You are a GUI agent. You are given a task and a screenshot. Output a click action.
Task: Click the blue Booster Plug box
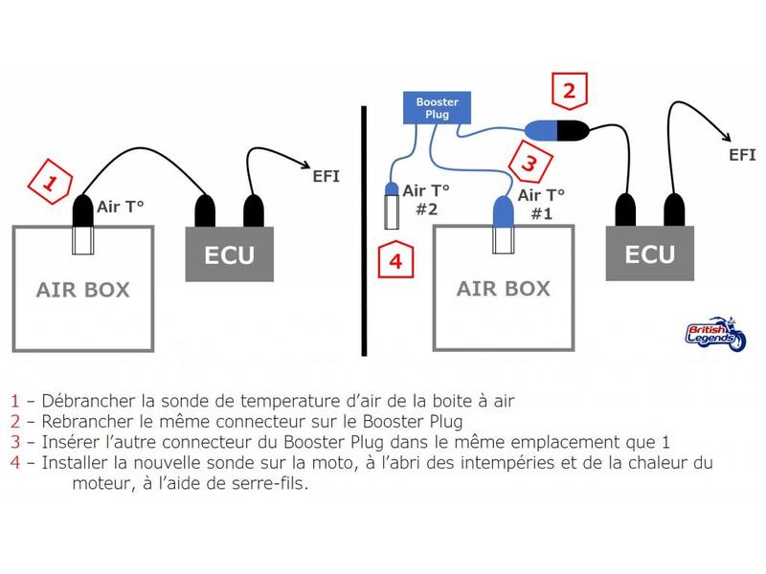point(437,108)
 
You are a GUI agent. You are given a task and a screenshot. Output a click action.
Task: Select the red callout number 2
point(569,93)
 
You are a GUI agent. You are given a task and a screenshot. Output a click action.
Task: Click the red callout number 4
point(393,260)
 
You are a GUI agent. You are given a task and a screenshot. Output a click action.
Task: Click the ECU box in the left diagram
point(231,255)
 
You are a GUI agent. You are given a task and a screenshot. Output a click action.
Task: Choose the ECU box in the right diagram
point(650,254)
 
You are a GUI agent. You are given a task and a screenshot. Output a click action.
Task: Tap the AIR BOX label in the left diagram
point(83,290)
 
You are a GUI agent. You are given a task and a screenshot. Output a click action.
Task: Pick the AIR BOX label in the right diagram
point(504,289)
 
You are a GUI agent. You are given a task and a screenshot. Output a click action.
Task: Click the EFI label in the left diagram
point(326,176)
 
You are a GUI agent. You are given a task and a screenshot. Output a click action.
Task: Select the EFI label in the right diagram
point(741,154)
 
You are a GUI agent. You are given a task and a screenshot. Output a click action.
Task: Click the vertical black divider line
point(364,230)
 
